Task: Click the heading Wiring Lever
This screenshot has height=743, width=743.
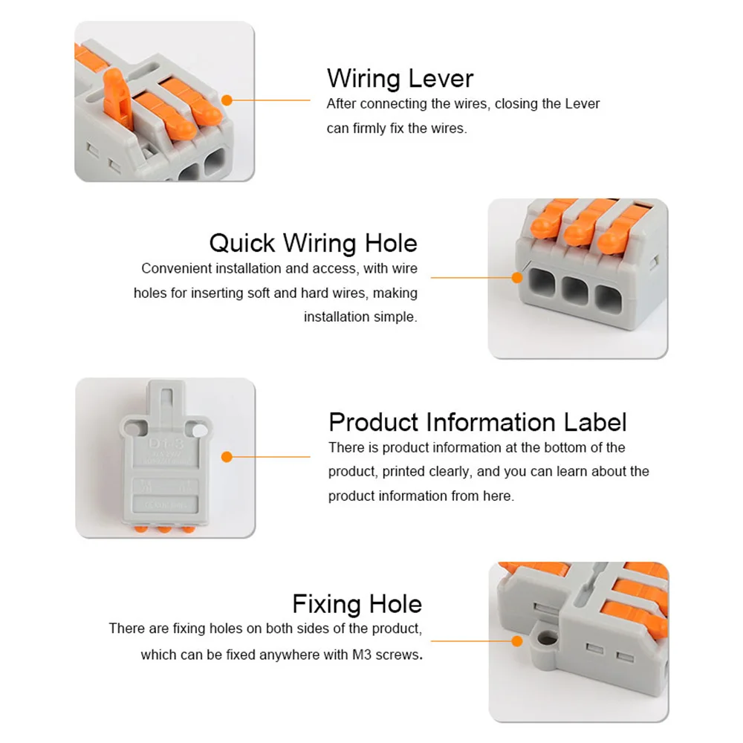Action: point(400,78)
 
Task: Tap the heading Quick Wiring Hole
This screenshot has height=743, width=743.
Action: point(313,243)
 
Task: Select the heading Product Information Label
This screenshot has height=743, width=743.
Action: point(477,422)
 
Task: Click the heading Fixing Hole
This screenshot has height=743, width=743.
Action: point(357,603)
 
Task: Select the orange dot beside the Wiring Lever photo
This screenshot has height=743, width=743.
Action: point(227,100)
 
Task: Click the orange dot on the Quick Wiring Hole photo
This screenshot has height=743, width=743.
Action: point(517,277)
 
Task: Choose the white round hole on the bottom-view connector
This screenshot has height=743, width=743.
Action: point(198,429)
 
